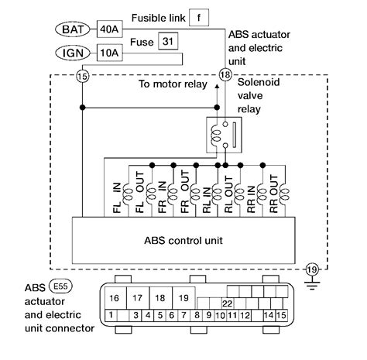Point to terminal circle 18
click(225, 75)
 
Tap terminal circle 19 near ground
click(312, 269)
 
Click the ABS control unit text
click(183, 240)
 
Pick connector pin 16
click(113, 298)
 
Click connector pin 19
click(183, 298)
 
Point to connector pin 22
click(227, 303)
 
